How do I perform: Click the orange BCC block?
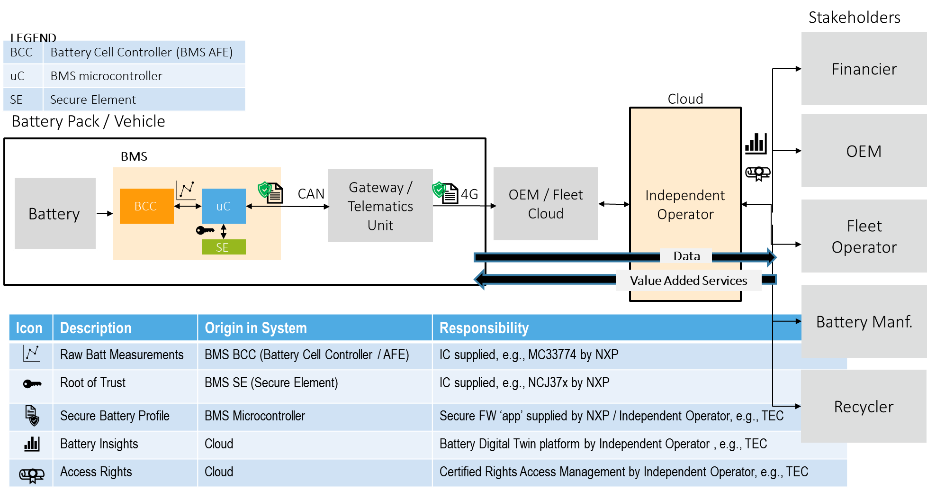(x=146, y=206)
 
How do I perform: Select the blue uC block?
(x=224, y=206)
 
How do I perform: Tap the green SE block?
(x=223, y=247)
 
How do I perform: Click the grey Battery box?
(x=55, y=213)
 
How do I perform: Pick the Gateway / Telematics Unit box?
(x=380, y=206)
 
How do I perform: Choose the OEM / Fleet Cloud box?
(x=546, y=204)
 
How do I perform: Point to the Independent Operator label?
(x=685, y=205)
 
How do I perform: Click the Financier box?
(x=864, y=69)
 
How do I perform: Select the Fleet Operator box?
(x=864, y=236)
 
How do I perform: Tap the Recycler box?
(x=864, y=407)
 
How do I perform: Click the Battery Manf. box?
(x=864, y=322)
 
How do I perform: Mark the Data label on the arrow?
(x=686, y=256)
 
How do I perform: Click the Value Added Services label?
(x=688, y=281)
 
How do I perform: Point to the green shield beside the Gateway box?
(x=439, y=189)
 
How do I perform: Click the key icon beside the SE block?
(x=205, y=230)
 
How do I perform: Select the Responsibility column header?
(x=484, y=328)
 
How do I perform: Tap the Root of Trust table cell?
(x=93, y=383)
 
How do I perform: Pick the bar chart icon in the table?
(x=32, y=444)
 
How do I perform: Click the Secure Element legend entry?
(x=93, y=100)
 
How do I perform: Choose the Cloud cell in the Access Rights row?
(x=219, y=472)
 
